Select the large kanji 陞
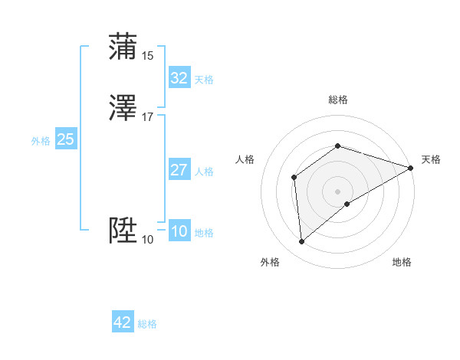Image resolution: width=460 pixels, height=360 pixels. (x=123, y=230)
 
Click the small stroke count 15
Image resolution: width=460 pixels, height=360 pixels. (x=148, y=56)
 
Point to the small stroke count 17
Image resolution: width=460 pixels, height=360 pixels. (x=148, y=117)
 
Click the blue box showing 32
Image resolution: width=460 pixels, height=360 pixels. (x=179, y=78)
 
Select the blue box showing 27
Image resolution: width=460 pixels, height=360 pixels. (x=179, y=170)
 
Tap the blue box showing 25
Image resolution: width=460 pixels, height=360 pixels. (x=65, y=139)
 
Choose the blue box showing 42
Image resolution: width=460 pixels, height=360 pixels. (x=123, y=322)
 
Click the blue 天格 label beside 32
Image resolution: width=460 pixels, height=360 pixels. (x=204, y=80)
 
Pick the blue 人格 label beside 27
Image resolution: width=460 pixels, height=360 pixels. (x=204, y=172)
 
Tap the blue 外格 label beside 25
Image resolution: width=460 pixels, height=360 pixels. (x=41, y=141)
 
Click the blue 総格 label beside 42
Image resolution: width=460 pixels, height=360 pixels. (x=147, y=324)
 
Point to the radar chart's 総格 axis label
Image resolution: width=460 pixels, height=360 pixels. (x=337, y=100)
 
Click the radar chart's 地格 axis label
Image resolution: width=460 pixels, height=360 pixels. (x=402, y=263)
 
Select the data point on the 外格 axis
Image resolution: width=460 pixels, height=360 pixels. (x=301, y=242)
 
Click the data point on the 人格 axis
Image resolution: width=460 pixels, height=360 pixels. (x=294, y=178)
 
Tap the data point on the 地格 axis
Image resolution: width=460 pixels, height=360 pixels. (x=348, y=204)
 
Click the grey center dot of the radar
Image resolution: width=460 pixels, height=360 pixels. (x=337, y=191)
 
